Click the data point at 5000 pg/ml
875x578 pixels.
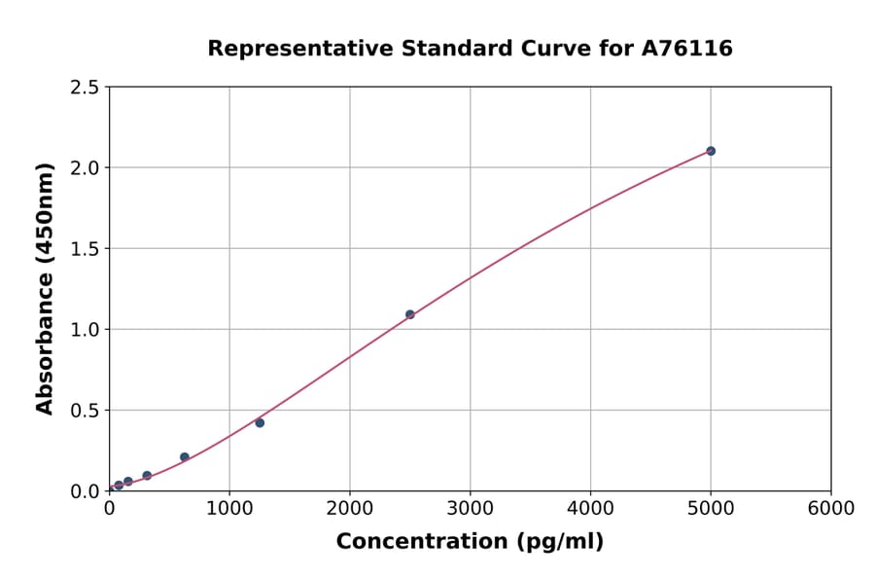coord(711,151)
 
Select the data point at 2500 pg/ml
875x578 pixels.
coord(410,314)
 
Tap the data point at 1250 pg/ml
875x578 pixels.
coord(260,422)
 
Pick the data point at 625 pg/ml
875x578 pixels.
coord(185,457)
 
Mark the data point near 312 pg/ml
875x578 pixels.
coord(147,476)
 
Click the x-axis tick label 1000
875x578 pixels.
coord(229,509)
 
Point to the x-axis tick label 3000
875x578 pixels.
coord(470,509)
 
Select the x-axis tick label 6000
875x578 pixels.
coord(830,509)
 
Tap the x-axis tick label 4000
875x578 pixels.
coord(590,509)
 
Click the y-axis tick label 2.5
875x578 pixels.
coord(85,88)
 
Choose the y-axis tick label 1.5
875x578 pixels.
coord(85,249)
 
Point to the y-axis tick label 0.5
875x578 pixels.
coord(85,411)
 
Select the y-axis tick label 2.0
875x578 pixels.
coord(85,168)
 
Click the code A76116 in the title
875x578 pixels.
coord(687,49)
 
